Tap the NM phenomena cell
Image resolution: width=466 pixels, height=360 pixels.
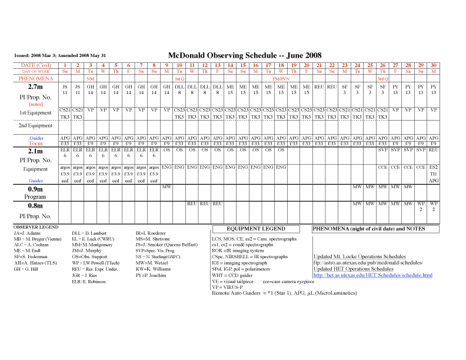(x=91, y=78)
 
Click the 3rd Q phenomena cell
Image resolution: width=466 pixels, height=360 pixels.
(x=382, y=78)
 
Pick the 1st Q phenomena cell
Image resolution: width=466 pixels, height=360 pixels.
(x=179, y=78)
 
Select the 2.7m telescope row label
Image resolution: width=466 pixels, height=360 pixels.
(x=36, y=86)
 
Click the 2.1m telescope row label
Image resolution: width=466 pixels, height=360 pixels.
(x=36, y=152)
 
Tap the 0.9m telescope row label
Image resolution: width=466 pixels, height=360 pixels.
(x=36, y=189)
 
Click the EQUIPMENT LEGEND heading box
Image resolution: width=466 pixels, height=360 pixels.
(x=257, y=228)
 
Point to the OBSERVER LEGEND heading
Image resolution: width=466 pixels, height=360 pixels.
(x=36, y=226)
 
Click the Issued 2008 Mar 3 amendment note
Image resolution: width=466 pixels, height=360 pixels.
(x=68, y=56)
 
